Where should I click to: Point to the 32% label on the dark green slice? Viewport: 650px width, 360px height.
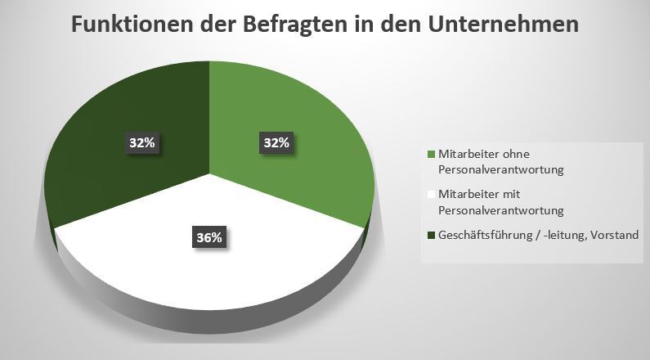point(141,142)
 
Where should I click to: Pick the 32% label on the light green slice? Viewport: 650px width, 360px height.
point(276,142)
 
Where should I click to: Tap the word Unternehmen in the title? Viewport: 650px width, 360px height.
point(503,25)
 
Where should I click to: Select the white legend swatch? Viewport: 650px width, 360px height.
point(432,195)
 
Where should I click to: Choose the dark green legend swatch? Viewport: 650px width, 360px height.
point(432,235)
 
